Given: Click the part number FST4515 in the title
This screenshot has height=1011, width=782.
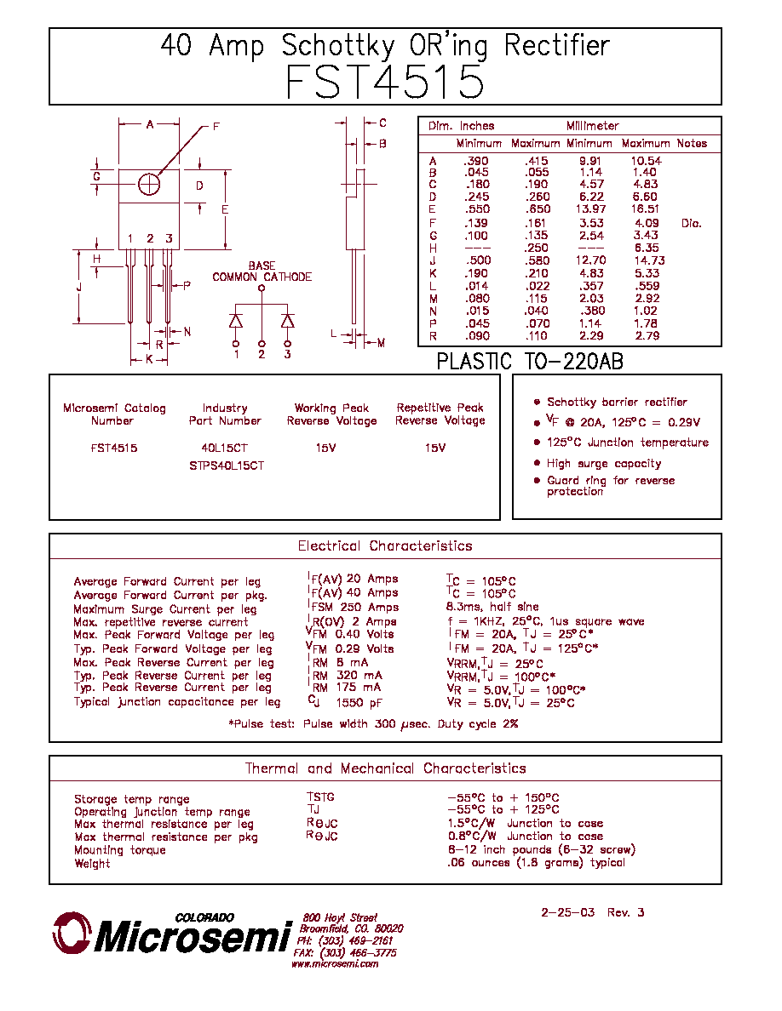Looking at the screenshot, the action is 384,82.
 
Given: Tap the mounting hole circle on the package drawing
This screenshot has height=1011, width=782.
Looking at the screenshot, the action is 149,185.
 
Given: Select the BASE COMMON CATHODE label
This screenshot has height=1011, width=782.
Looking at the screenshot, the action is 262,271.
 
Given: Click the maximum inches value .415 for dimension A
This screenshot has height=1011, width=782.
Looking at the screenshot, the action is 536,161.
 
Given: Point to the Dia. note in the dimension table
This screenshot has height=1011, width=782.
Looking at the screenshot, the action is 691,223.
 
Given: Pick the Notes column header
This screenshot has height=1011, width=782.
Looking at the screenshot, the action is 692,143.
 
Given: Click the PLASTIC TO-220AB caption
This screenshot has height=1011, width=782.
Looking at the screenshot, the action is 530,361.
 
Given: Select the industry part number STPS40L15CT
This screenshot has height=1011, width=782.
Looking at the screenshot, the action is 227,466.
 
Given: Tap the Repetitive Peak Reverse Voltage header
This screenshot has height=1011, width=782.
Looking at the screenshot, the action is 440,414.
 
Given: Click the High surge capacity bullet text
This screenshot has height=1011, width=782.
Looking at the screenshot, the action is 604,464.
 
